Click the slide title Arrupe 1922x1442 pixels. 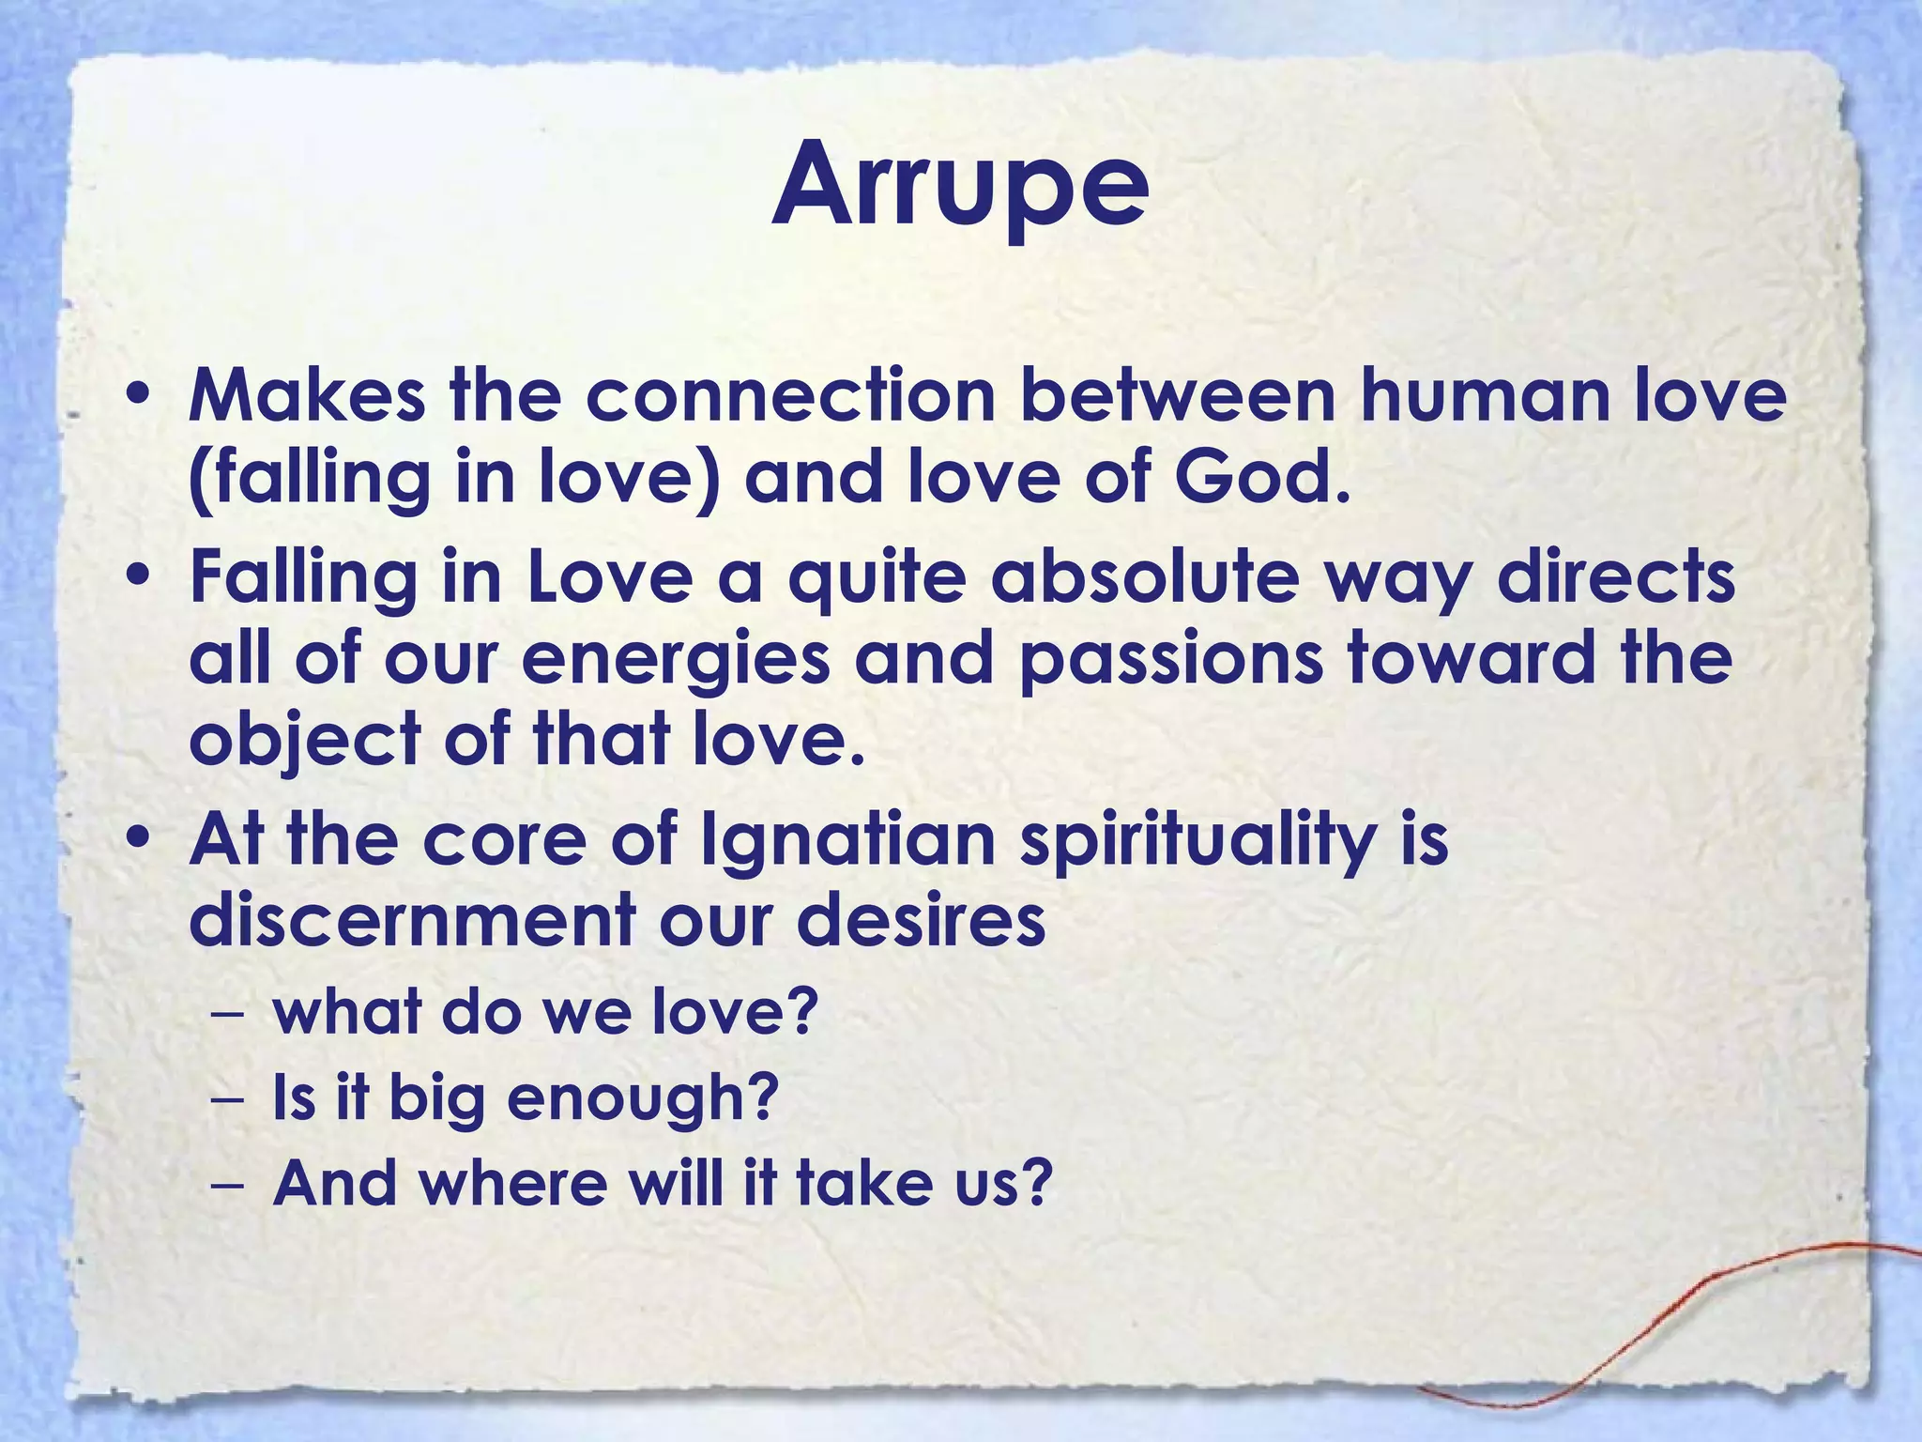click(960, 185)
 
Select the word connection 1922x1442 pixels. click(790, 395)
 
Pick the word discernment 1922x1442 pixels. click(412, 921)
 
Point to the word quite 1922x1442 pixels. click(877, 579)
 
